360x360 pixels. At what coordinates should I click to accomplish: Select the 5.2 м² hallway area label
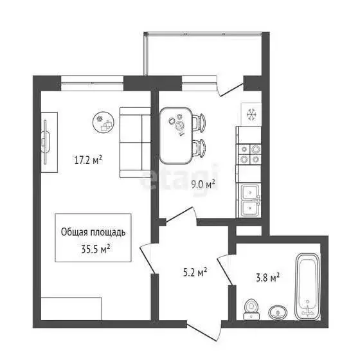194,273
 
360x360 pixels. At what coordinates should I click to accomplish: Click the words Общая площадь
93,232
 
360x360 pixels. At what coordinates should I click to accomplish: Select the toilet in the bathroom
252,308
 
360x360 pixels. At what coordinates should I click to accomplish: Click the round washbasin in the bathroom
278,312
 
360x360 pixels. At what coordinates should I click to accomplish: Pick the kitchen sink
250,199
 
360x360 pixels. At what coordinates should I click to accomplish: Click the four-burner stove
250,154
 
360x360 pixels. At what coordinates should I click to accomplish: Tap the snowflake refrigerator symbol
251,114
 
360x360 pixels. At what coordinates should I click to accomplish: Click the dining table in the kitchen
177,133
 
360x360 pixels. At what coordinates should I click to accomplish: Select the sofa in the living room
134,142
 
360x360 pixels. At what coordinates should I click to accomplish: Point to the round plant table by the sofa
102,121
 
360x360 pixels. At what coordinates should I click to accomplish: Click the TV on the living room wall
46,141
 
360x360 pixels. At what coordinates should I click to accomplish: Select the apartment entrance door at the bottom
204,324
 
